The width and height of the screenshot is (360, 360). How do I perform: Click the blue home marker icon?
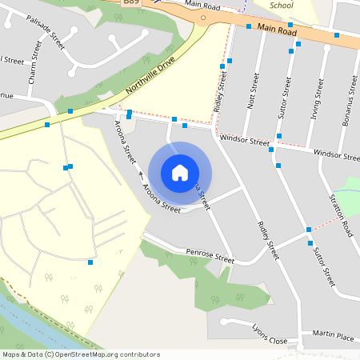pos(180,172)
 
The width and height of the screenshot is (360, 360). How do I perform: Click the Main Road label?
pos(277,30)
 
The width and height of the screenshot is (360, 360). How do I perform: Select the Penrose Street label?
pos(210,256)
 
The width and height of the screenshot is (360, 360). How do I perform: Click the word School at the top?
pos(282,5)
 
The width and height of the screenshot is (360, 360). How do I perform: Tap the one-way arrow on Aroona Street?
pos(141,173)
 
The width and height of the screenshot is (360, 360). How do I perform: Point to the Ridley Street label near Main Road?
pos(221,92)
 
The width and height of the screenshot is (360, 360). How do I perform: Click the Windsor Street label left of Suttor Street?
pos(244,141)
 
